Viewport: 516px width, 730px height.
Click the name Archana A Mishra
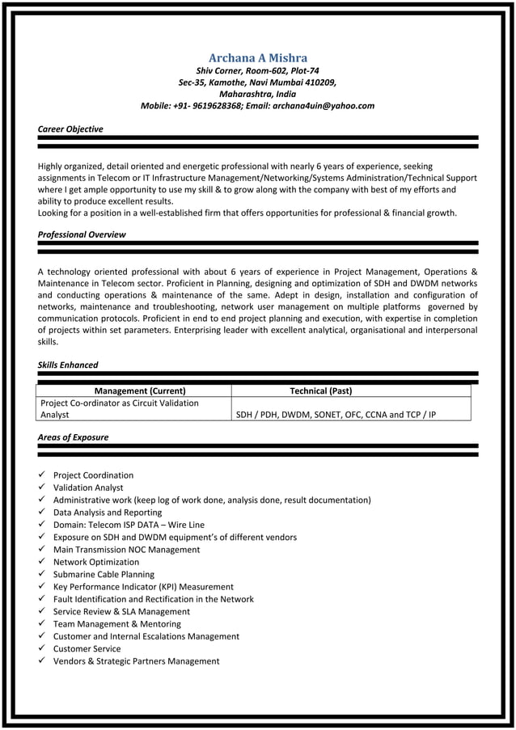click(257, 57)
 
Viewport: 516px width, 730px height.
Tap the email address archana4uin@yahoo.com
click(323, 105)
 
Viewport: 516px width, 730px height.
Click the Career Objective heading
click(70, 129)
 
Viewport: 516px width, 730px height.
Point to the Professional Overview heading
click(82, 234)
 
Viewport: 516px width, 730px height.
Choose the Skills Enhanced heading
click(68, 365)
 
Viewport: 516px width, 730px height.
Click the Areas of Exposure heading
click(73, 437)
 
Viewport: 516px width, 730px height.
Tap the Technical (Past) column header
click(320, 390)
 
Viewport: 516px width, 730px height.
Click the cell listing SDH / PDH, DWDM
click(335, 415)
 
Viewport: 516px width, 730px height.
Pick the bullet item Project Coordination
click(93, 475)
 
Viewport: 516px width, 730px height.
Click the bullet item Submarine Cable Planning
click(104, 575)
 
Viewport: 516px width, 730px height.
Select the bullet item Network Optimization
click(96, 562)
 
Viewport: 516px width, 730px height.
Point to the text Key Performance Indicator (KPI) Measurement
click(143, 587)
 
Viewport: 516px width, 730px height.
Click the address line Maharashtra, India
click(257, 94)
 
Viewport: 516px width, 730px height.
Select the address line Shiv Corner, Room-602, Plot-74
click(257, 70)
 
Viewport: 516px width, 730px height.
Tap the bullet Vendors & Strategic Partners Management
click(136, 661)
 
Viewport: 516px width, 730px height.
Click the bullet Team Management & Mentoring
click(116, 624)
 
